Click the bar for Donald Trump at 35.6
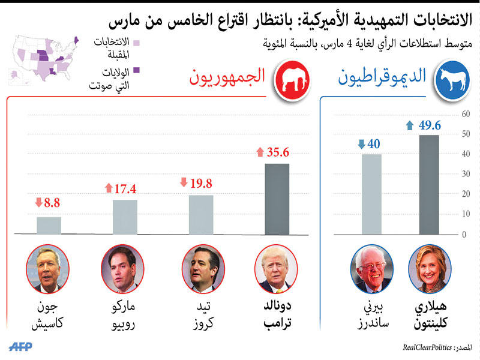tap(277, 199)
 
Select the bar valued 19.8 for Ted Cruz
tap(201, 214)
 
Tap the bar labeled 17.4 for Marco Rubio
tap(125, 217)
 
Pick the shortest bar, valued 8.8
tap(49, 225)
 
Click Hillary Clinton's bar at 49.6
tap(428, 184)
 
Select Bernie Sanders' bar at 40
tap(371, 194)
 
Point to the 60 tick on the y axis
tap(464, 115)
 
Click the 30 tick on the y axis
tap(464, 174)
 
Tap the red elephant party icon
tap(290, 78)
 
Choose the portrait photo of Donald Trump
tap(277, 268)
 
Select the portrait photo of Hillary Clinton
tap(430, 268)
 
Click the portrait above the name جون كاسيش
tap(48, 268)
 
